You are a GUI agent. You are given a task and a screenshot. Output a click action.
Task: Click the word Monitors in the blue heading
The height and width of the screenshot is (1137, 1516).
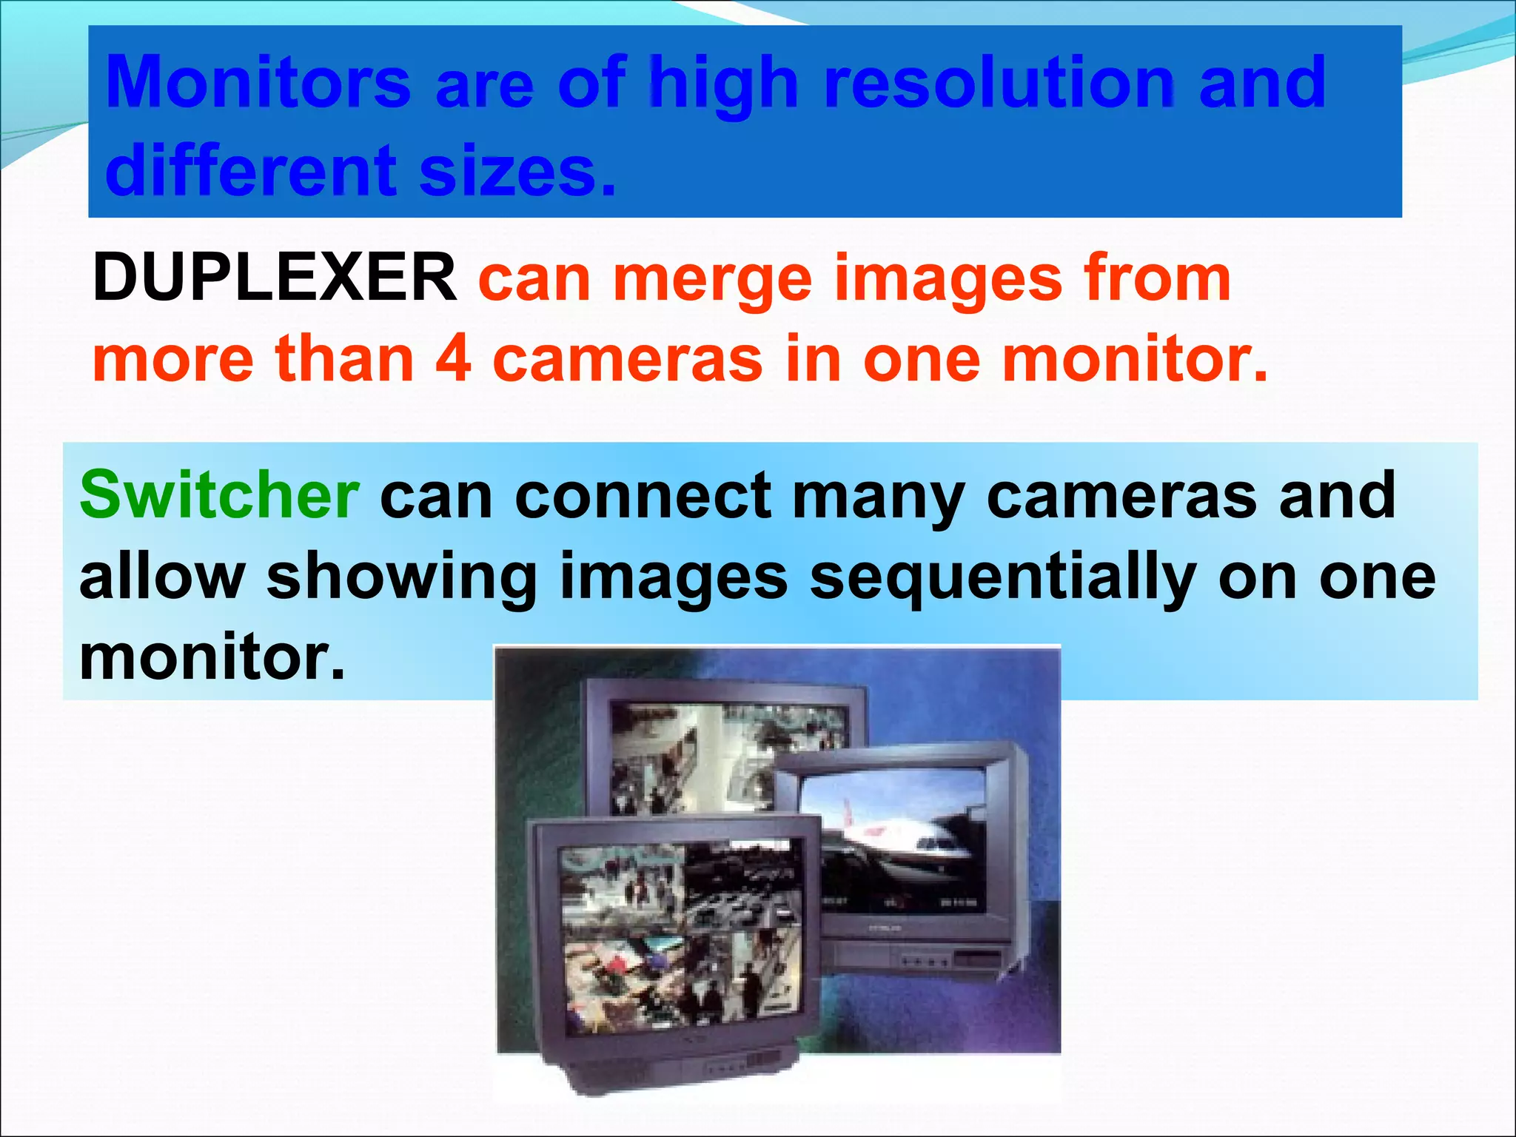258,83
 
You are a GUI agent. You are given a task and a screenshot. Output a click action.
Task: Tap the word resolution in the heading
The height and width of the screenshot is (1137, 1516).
999,83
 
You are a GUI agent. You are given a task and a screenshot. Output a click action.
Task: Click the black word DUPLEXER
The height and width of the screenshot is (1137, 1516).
275,278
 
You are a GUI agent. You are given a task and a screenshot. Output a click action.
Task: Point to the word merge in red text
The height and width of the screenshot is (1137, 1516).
712,279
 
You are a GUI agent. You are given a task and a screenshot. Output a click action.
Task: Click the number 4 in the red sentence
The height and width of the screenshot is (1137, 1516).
453,359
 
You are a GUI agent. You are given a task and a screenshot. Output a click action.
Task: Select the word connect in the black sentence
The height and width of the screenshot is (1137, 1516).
642,496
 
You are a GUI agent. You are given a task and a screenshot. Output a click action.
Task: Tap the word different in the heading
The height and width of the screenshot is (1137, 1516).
251,171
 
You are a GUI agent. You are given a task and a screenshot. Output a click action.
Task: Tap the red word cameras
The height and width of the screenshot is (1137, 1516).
627,359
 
